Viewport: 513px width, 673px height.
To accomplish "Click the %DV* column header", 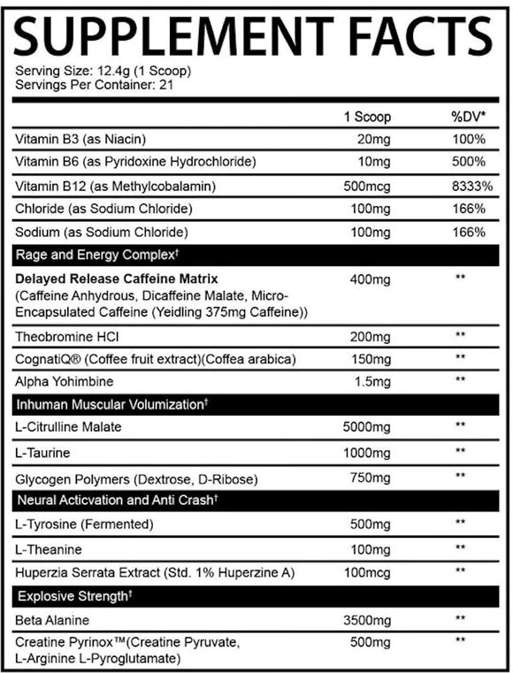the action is tap(467, 117).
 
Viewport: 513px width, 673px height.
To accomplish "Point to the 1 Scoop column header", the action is tap(367, 117).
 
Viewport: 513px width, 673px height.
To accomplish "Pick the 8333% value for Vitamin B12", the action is tap(468, 186).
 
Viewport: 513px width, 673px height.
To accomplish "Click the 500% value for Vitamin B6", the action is tap(468, 163).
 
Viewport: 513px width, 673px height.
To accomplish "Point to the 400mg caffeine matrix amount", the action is tap(370, 279).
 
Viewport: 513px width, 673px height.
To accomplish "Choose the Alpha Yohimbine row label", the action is tap(63, 381).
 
